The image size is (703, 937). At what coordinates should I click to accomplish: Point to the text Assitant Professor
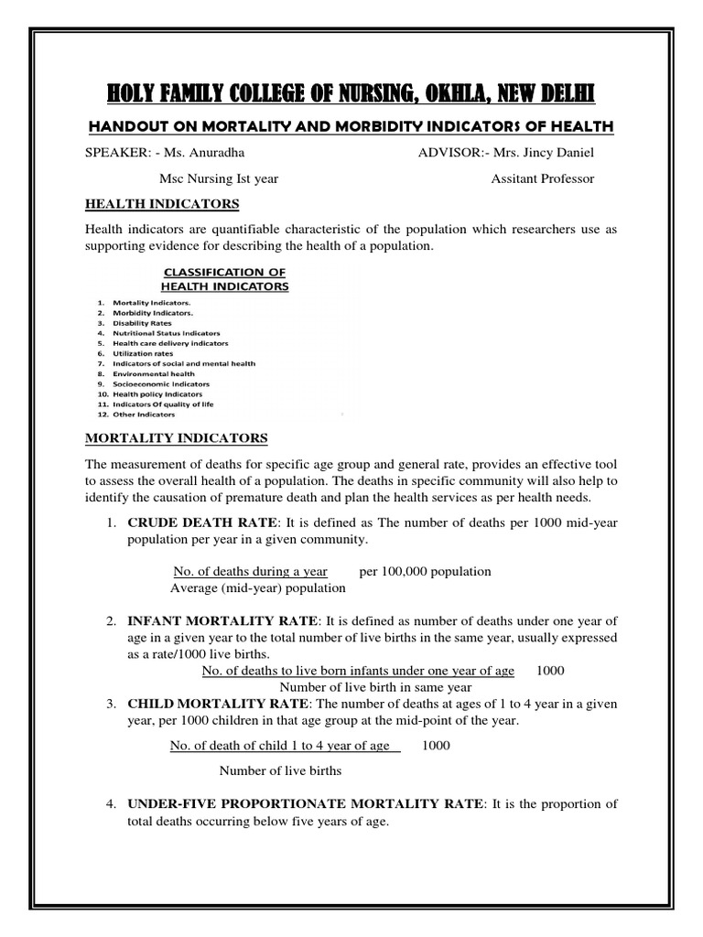coord(543,178)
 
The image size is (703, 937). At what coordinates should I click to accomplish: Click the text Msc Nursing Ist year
coord(219,178)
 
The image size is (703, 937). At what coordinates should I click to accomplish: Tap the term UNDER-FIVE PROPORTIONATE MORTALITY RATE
coord(306,804)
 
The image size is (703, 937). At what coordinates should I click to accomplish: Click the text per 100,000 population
coord(425,571)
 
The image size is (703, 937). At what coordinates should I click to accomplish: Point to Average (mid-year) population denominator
coord(258,587)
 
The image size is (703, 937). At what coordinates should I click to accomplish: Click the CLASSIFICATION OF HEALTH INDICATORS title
coord(225,279)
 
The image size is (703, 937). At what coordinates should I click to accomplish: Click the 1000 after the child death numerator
coord(436,746)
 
